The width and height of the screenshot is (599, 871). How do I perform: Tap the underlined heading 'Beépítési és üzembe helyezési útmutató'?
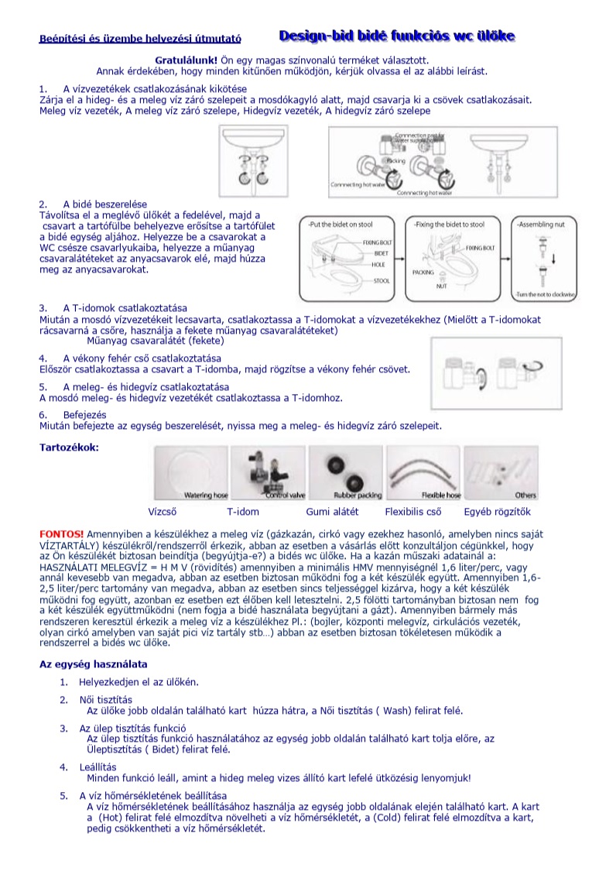pos(140,39)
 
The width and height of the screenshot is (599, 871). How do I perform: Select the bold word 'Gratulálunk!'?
pos(187,60)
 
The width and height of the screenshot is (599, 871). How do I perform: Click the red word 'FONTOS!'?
pos(61,534)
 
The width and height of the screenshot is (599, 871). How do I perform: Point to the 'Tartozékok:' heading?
pos(69,448)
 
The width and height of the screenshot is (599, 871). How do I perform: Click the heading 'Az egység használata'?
pos(93,664)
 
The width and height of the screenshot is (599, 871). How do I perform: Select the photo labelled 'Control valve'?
pos(268,473)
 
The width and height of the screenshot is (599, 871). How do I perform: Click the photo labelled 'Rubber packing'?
pos(345,473)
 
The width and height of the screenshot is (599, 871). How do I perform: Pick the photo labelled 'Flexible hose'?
pos(424,473)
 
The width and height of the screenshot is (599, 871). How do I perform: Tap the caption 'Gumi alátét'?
pos(332,512)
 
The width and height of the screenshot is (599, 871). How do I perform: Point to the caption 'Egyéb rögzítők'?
pos(498,512)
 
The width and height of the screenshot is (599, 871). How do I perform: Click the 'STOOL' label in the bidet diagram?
pos(382,281)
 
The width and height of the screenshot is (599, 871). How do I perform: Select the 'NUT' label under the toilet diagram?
pos(441,286)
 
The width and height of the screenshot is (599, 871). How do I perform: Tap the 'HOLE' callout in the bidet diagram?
pos(378,264)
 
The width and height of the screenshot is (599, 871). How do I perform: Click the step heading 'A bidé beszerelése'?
pos(104,204)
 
